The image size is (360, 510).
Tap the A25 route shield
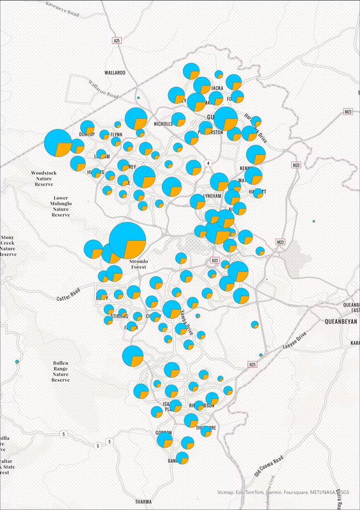point(117,40)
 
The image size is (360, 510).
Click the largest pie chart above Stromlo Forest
point(127,241)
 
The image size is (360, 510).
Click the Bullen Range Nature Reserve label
point(60,371)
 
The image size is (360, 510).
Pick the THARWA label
point(145,502)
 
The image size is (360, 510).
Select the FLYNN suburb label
point(116,135)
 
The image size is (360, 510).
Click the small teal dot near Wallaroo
point(138,98)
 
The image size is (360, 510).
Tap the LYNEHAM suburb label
point(212,196)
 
